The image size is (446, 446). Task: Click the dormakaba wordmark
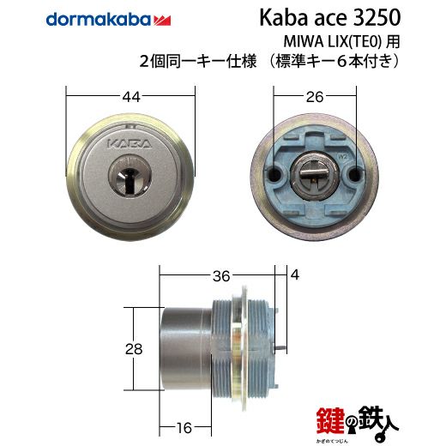pos(98,20)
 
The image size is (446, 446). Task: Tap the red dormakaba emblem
pos(162,21)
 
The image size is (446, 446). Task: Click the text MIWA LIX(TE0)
pos(333,42)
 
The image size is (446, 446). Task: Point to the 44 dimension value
pos(131,97)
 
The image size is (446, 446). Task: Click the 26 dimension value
pos(315,97)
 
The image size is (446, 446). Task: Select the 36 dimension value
pos(221,276)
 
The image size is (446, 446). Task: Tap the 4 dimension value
pos(295,274)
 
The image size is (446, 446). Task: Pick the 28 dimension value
pos(134,349)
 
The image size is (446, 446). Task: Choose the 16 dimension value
pos(184,428)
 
